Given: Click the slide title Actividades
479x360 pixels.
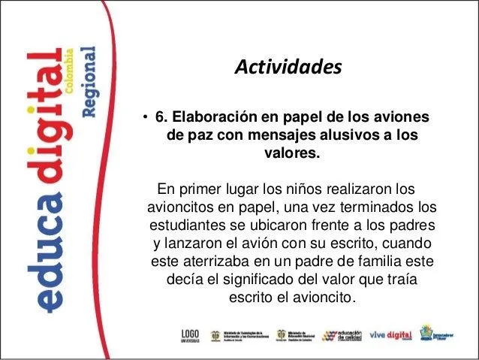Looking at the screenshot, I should pyautogui.click(x=288, y=68).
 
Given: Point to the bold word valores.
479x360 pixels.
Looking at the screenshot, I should pyautogui.click(x=290, y=155).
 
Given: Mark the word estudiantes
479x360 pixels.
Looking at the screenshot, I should pyautogui.click(x=189, y=225).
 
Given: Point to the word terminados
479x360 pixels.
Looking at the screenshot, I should pyautogui.click(x=376, y=206).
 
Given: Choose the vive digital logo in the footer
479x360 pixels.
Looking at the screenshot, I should pyautogui.click(x=390, y=334).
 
